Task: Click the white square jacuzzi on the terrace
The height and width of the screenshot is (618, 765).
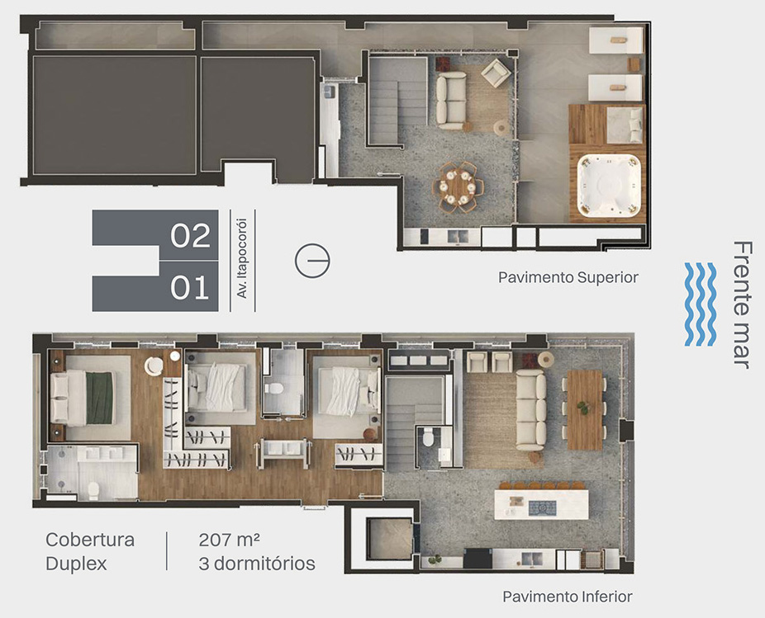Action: coord(609,185)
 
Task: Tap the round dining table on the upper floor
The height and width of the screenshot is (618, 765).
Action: coord(459,186)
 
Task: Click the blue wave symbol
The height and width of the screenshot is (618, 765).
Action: coord(700,304)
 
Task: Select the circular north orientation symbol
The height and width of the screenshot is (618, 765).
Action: coord(312,261)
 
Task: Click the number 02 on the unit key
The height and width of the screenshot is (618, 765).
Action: coord(190,235)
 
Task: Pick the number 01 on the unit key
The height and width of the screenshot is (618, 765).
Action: coord(190,287)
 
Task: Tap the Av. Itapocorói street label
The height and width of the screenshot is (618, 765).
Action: coord(242,258)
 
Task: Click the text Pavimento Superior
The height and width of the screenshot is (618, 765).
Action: coord(568,277)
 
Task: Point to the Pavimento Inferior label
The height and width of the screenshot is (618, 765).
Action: coord(568,597)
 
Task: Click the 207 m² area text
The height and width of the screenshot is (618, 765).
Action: coord(229,540)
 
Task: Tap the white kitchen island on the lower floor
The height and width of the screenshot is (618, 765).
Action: coord(541,504)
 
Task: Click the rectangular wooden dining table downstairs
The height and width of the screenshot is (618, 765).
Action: coord(584,410)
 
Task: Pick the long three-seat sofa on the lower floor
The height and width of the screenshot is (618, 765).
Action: coord(531,410)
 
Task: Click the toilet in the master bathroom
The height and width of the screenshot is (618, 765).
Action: coord(93,490)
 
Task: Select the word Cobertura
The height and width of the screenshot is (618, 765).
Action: coord(90,540)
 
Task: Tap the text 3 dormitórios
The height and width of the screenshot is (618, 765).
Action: coord(257,564)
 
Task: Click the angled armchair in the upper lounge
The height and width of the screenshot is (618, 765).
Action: coord(496,73)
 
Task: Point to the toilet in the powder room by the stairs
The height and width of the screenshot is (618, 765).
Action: coord(428,438)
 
